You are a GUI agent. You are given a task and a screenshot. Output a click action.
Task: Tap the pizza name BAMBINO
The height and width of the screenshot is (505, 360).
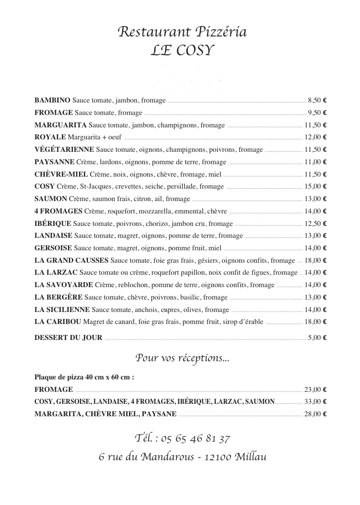[52, 100]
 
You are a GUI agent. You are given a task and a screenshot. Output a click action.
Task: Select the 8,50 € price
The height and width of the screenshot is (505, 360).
[317, 100]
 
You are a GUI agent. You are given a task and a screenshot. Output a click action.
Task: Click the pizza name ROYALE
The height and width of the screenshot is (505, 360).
[50, 137]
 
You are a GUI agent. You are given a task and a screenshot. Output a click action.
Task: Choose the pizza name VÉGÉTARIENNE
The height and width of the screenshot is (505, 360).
[64, 150]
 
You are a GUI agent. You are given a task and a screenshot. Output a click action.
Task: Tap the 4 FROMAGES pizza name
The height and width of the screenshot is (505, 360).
[58, 211]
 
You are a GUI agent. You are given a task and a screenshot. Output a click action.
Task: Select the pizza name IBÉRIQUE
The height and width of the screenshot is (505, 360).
[53, 223]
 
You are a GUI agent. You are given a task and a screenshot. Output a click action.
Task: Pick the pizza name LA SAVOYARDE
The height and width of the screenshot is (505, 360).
[63, 285]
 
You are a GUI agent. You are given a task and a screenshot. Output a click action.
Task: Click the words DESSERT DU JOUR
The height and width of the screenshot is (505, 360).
[68, 338]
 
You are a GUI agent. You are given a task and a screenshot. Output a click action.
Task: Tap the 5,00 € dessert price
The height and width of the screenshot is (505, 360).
[317, 338]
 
